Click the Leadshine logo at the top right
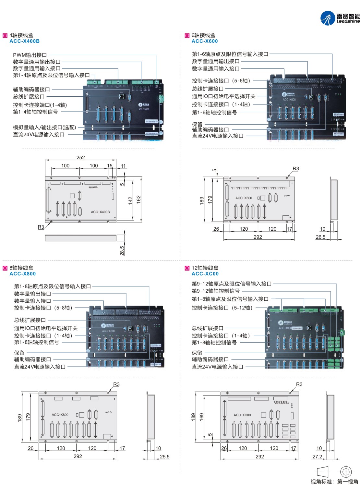340,18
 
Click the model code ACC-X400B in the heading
25,41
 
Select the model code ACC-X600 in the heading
205,41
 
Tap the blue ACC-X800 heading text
23,274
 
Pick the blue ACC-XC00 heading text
205,274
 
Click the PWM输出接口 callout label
30,55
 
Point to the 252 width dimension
80,158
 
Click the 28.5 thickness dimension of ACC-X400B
122,250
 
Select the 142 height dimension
130,200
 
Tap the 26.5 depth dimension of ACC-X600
320,237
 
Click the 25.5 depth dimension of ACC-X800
164,457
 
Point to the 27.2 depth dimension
317,457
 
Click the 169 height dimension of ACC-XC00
202,416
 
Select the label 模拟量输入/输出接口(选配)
44,128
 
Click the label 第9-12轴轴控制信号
216,291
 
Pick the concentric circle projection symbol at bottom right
346,471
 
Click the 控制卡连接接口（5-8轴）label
43,308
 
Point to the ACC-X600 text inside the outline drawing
244,198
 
